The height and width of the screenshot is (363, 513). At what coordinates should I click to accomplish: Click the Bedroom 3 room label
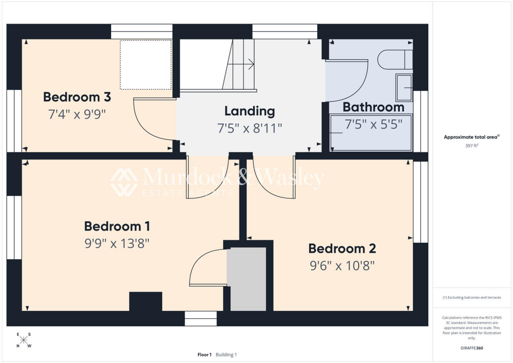(77, 97)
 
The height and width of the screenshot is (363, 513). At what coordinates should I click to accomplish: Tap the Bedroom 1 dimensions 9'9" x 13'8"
(117, 244)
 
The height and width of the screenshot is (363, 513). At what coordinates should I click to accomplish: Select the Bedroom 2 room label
(342, 248)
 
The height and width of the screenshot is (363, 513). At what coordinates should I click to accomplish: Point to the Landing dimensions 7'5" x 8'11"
(249, 128)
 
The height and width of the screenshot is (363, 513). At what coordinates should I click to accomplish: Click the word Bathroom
(373, 107)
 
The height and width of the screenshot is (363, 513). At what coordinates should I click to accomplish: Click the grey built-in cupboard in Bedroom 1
(246, 279)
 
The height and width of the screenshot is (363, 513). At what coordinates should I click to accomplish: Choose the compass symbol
(24, 340)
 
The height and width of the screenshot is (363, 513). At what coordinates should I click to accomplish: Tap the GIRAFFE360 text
(472, 348)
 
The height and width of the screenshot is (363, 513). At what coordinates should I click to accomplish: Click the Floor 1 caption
(204, 354)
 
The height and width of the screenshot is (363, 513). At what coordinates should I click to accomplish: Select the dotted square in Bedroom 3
(146, 64)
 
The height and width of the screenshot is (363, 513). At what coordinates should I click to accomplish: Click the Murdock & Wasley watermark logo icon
(124, 181)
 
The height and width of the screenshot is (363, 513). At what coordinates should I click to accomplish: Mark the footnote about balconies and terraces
(472, 297)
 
